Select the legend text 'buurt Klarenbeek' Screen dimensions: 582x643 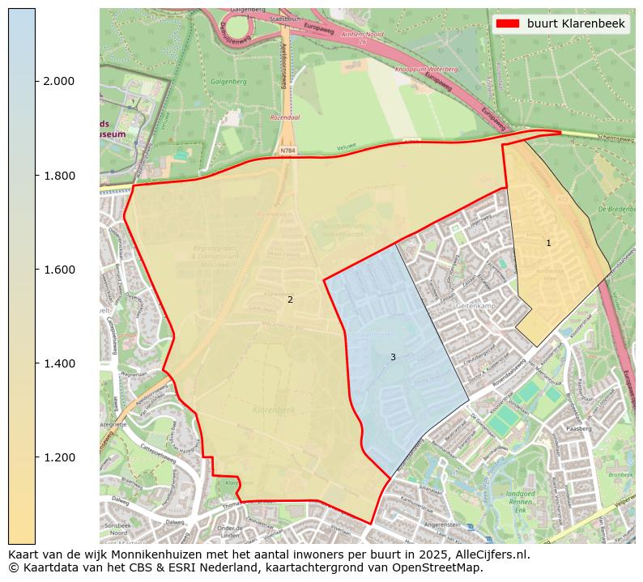pos(576,23)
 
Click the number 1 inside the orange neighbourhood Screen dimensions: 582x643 pos(548,243)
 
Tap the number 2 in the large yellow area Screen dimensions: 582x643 pos(290,299)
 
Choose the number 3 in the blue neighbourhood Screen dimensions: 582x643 pos(393,357)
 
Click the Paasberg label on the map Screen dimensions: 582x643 pos(579,428)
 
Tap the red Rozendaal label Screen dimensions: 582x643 pos(285,117)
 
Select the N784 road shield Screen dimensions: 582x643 pos(287,150)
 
